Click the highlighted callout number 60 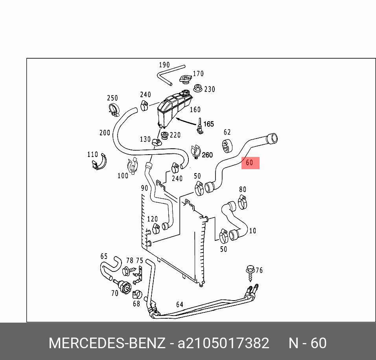pos(249,163)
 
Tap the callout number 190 pos(164,65)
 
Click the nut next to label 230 pos(197,88)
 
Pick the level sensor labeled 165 pos(200,126)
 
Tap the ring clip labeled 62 pos(227,145)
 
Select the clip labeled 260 pos(196,151)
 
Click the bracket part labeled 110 pos(99,162)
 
